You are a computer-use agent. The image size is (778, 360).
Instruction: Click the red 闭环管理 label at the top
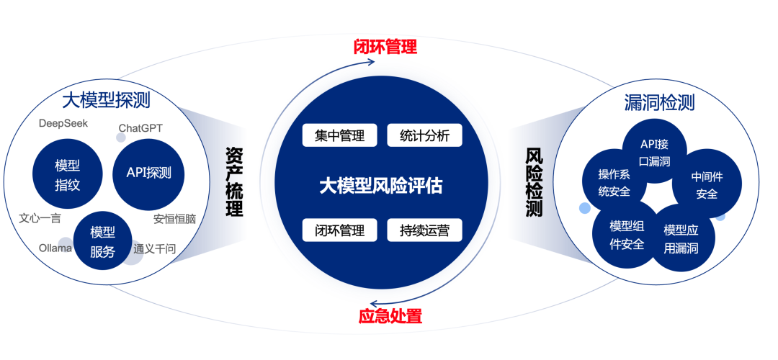click(385, 48)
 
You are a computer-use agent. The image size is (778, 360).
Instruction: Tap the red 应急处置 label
click(390, 316)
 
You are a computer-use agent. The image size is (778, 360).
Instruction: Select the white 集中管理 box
click(339, 135)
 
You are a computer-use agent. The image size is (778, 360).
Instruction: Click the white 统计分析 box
click(424, 135)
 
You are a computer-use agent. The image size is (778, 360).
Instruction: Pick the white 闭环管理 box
click(339, 230)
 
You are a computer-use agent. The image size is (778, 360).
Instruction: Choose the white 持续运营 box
click(424, 230)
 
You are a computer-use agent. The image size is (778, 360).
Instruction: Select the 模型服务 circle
click(102, 241)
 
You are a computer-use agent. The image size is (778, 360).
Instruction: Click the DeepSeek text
click(63, 123)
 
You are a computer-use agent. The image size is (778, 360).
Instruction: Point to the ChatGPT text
click(141, 128)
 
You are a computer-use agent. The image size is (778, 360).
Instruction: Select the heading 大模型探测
click(106, 100)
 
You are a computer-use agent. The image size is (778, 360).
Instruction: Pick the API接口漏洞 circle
click(655, 153)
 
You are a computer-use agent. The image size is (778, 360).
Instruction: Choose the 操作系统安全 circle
click(614, 183)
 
